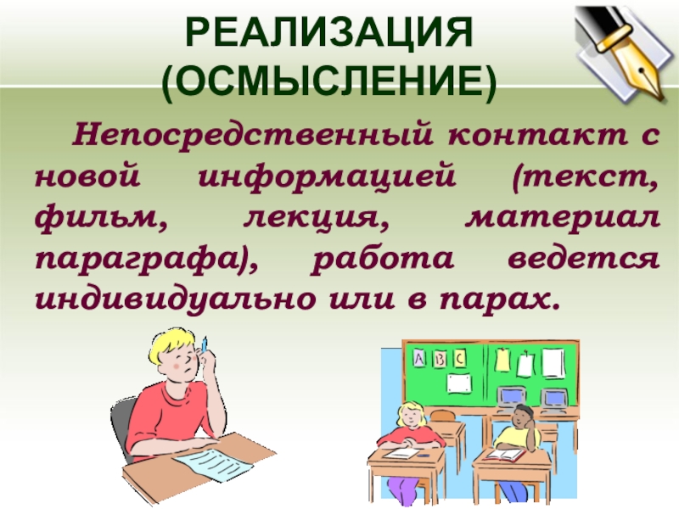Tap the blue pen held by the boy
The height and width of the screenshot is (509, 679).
pyautogui.click(x=204, y=344)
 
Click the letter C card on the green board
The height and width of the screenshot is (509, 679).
pyautogui.click(x=459, y=358)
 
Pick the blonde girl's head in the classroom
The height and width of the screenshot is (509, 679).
pyautogui.click(x=410, y=416)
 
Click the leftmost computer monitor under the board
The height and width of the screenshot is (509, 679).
pyautogui.click(x=511, y=396)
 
